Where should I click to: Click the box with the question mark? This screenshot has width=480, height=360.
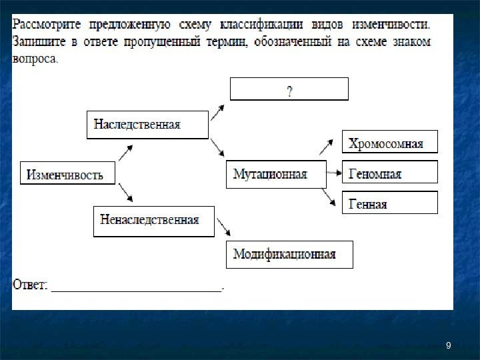pyautogui.click(x=289, y=89)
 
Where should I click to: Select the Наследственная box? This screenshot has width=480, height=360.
pyautogui.click(x=147, y=125)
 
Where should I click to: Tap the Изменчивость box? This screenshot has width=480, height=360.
pyautogui.click(x=68, y=175)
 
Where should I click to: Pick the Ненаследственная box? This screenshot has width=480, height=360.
pyautogui.click(x=153, y=221)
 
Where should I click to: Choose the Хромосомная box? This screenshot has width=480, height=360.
pyautogui.click(x=390, y=143)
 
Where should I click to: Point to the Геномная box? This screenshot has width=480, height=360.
pyautogui.click(x=390, y=174)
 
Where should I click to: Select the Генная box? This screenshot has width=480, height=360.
pyautogui.click(x=390, y=203)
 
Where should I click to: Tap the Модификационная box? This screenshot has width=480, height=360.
pyautogui.click(x=289, y=254)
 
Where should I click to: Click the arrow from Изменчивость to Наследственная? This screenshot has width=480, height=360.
pyautogui.click(x=125, y=153)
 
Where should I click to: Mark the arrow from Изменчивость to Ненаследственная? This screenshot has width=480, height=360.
pyautogui.click(x=127, y=195)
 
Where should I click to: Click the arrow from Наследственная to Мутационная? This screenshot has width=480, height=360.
pyautogui.click(x=218, y=148)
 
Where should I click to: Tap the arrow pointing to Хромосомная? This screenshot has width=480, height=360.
pyautogui.click(x=327, y=146)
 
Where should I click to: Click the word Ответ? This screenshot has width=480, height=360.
pyautogui.click(x=30, y=284)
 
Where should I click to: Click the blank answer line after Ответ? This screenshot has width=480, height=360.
pyautogui.click(x=137, y=288)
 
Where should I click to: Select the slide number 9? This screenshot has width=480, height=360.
pyautogui.click(x=449, y=345)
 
